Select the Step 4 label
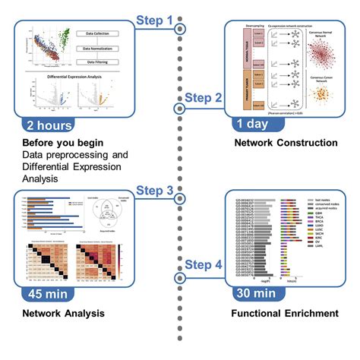coord(204,265)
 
